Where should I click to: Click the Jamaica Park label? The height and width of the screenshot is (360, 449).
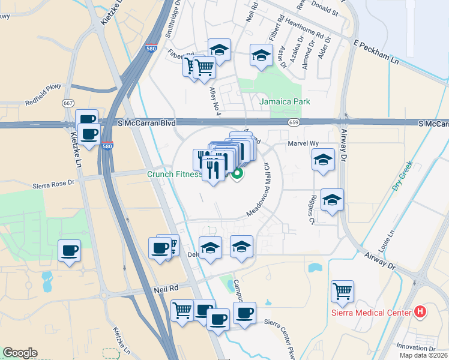(285, 101)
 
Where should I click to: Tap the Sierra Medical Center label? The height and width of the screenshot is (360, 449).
(371, 313)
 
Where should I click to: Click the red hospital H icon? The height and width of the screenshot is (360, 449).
(420, 312)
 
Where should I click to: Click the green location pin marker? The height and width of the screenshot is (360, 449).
(237, 174)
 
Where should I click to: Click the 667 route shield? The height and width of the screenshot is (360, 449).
(67, 103)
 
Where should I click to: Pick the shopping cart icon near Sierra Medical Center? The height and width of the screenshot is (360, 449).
(342, 292)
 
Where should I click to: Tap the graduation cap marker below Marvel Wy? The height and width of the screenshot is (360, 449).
(323, 160)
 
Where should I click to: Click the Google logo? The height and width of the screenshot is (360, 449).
(20, 353)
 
